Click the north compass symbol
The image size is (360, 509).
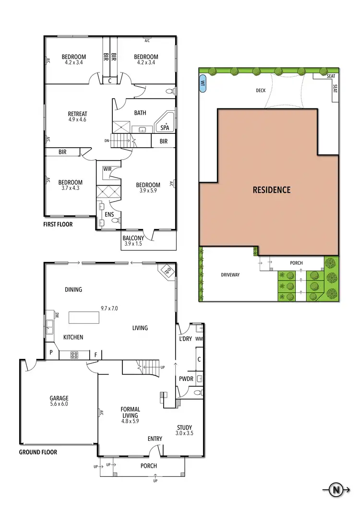tap(337, 490)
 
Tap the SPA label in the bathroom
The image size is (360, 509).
tap(165, 128)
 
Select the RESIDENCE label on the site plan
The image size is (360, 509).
tap(271, 189)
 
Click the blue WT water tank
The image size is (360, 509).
tap(203, 82)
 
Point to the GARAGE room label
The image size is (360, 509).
tap(59, 398)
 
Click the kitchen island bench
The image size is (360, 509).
tap(84, 318)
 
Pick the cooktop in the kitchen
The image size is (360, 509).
tap(75, 355)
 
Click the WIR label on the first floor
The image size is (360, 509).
tap(107, 168)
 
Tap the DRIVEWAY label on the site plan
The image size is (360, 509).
tap(230, 275)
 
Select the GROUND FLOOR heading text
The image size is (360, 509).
tap(38, 452)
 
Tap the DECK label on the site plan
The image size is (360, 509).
tap(261, 90)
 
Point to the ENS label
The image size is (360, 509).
tap(109, 214)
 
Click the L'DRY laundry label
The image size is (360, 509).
tap(185, 339)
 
